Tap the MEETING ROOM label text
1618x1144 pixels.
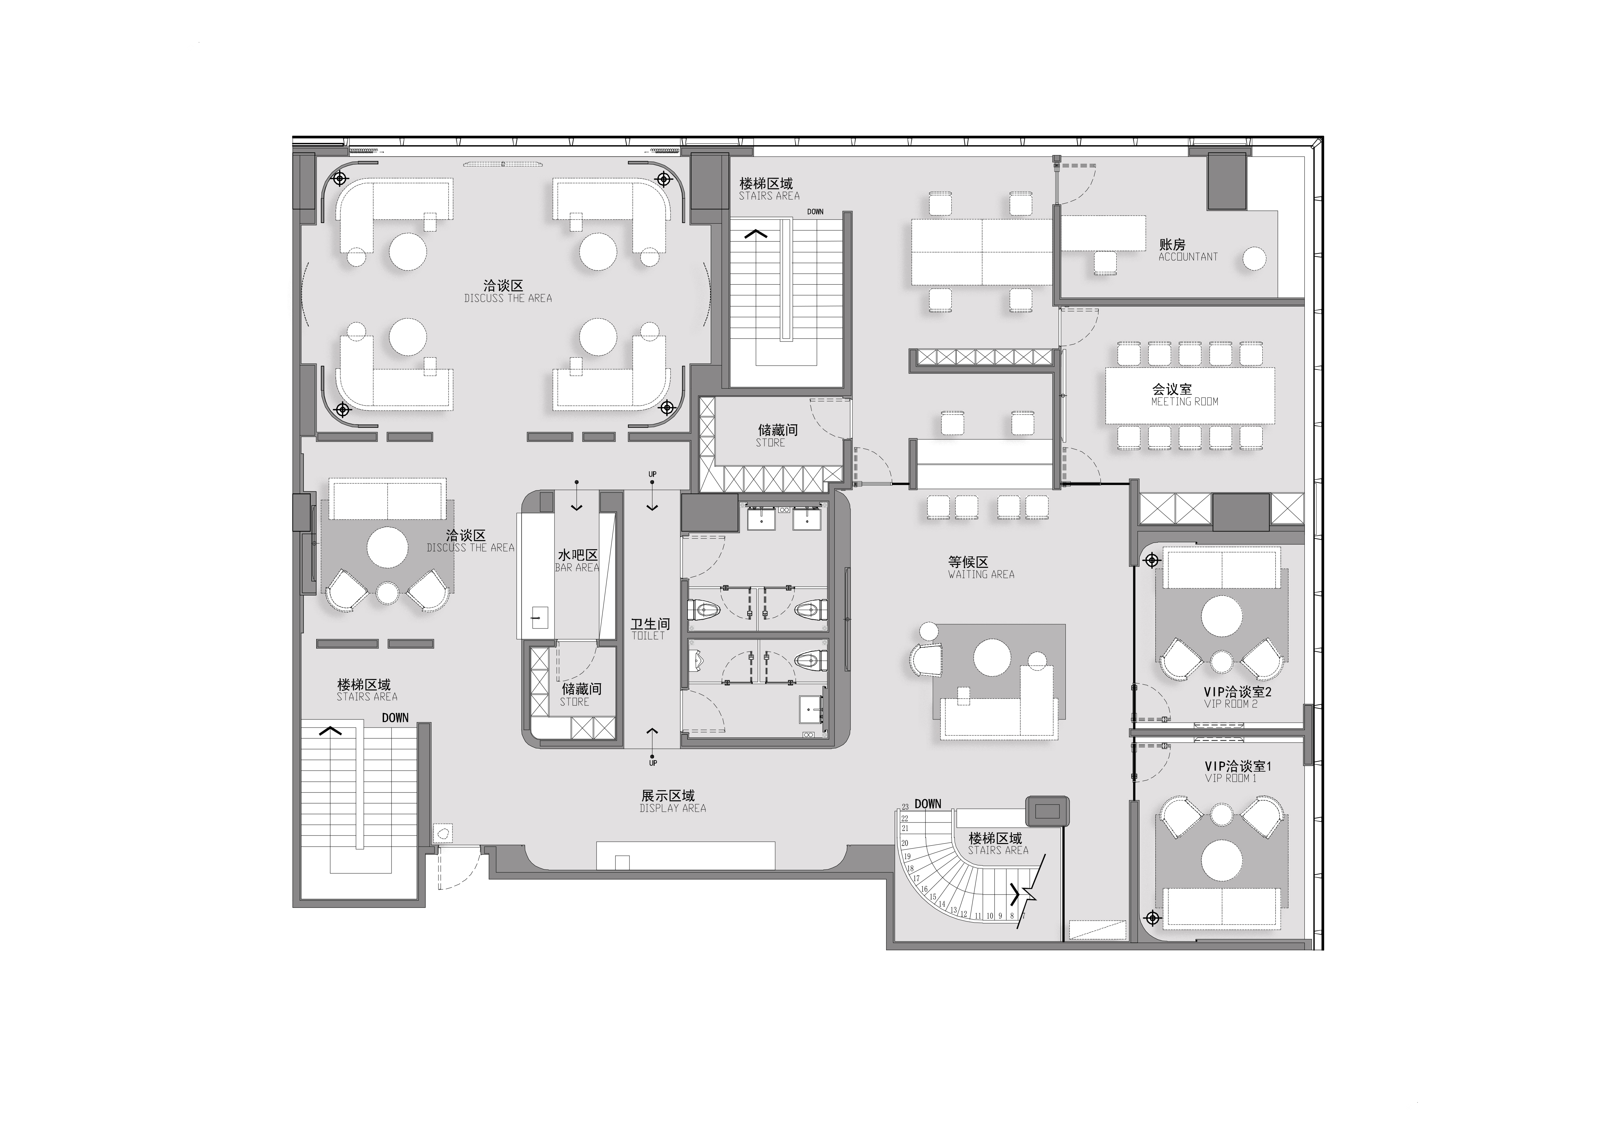point(1185,402)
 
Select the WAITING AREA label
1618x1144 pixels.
point(981,575)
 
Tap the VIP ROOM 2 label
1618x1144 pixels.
point(1230,704)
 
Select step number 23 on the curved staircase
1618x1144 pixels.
point(905,808)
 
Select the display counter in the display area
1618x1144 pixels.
point(686,855)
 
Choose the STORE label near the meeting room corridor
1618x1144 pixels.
point(770,443)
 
